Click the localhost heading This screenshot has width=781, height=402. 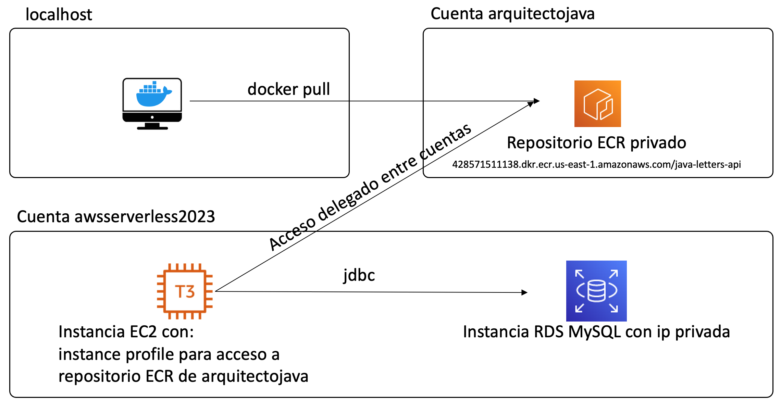pos(59,15)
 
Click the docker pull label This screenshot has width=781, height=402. pos(288,89)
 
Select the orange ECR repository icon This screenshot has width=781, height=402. pos(597,104)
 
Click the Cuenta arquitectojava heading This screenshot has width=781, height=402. pos(512,14)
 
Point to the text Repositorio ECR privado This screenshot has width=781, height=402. pos(596,143)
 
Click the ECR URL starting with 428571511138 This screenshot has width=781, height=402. pos(596,165)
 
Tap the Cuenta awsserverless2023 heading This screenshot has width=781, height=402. pos(116,217)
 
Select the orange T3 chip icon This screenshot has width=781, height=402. pos(185,291)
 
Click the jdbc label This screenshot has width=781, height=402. pos(359,275)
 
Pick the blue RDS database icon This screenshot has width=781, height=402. pos(596,291)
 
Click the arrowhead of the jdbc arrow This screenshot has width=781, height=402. pos(524,292)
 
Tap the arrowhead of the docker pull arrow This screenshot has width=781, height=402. pos(536,101)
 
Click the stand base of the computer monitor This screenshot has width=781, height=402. pos(152,128)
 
